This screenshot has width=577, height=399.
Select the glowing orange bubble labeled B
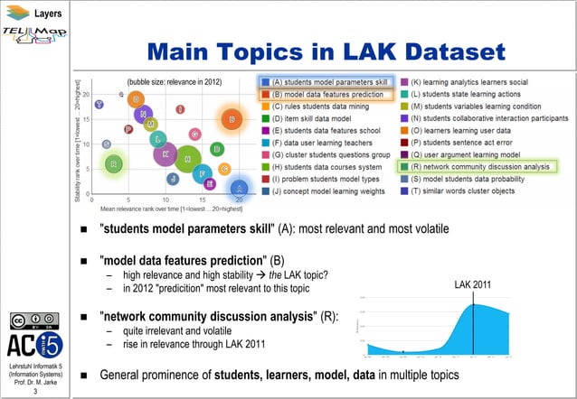click(x=232, y=119)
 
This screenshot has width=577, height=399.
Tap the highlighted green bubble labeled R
click(x=113, y=163)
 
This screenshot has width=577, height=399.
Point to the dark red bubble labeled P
click(x=129, y=129)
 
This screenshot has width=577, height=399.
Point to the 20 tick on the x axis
click(x=239, y=199)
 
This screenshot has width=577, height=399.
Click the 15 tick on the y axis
click(x=99, y=119)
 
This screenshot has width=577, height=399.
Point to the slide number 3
click(x=34, y=392)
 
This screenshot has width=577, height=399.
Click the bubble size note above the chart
click(x=174, y=81)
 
